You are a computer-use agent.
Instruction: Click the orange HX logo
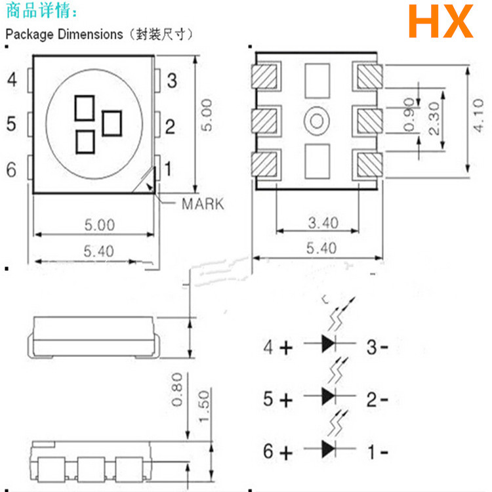coord(440,22)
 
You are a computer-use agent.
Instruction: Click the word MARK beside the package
coord(202,203)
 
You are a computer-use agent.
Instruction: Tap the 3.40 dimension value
coord(323,223)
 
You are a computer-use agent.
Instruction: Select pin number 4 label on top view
coord(12,81)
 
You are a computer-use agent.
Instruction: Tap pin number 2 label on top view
coord(169,126)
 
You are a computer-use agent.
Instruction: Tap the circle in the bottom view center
coord(316,120)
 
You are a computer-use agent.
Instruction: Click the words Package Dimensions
coord(64,34)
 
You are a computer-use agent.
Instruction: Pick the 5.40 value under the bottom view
coord(320,248)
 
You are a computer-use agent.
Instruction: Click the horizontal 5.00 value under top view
coord(99,225)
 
